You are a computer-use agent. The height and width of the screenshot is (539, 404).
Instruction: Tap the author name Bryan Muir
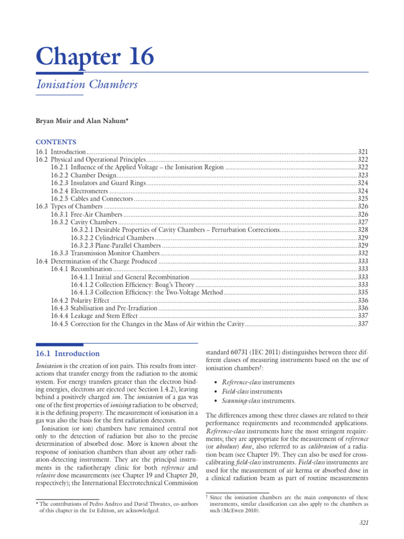point(52,121)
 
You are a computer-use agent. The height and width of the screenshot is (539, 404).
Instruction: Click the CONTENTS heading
point(56,142)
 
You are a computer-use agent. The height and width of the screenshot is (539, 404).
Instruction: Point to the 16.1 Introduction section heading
point(67,354)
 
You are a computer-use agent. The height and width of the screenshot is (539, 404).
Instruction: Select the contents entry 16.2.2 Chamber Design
point(82,175)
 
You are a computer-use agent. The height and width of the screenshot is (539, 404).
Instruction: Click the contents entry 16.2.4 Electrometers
point(79,191)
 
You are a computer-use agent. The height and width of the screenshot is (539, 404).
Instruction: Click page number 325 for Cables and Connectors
point(362,199)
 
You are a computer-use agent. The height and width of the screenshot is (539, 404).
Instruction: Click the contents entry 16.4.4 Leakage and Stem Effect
point(94,316)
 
